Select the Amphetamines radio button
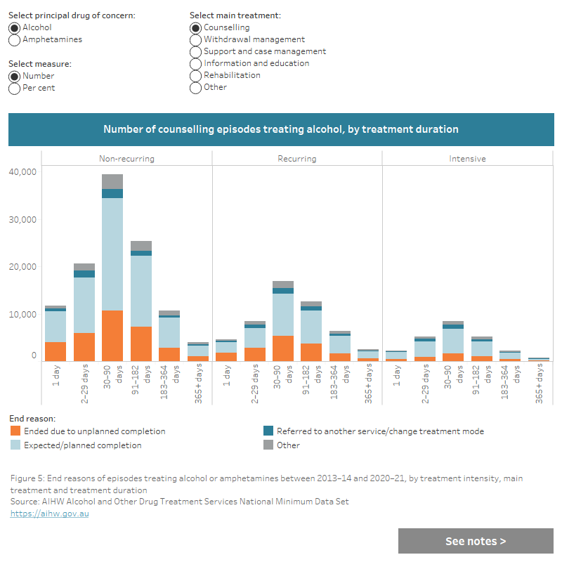pyautogui.click(x=14, y=40)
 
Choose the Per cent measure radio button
pyautogui.click(x=14, y=89)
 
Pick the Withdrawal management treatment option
pyautogui.click(x=196, y=40)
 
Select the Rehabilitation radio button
pyautogui.click(x=196, y=76)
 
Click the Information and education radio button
pyautogui.click(x=196, y=64)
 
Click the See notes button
pyautogui.click(x=476, y=541)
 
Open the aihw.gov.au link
pyautogui.click(x=49, y=514)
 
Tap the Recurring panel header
pyautogui.click(x=297, y=159)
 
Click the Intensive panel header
pyautogui.click(x=467, y=159)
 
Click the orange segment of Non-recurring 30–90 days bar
pyautogui.click(x=112, y=335)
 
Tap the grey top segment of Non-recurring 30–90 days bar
pyautogui.click(x=112, y=181)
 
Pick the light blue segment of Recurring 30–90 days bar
pyautogui.click(x=283, y=314)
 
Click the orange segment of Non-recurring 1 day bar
pyautogui.click(x=55, y=351)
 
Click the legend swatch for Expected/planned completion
pyautogui.click(x=15, y=445)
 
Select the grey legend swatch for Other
pyautogui.click(x=268, y=445)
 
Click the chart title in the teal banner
pyautogui.click(x=281, y=129)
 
